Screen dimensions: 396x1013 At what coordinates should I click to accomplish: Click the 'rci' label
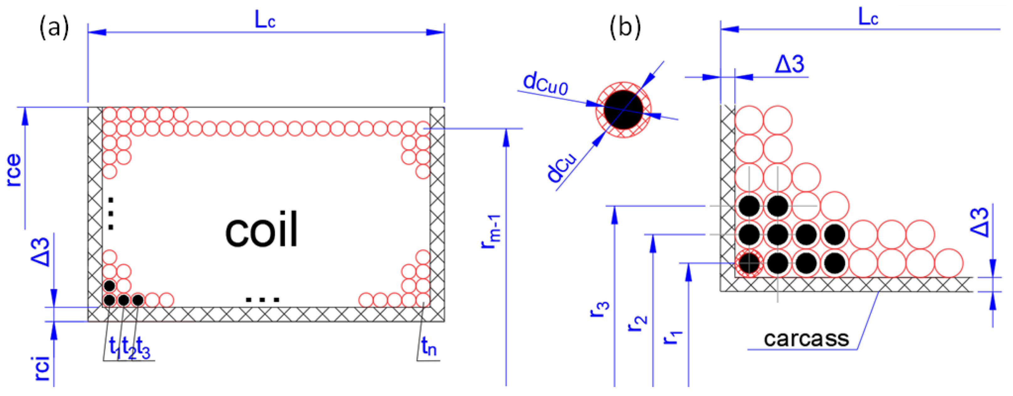coord(42,368)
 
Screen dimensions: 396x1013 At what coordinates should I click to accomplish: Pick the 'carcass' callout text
coord(806,339)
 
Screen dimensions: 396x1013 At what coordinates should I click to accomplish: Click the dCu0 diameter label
coord(546,84)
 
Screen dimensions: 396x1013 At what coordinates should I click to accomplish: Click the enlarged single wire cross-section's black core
coord(623,110)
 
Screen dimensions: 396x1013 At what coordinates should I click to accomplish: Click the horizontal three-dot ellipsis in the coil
coord(262,300)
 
